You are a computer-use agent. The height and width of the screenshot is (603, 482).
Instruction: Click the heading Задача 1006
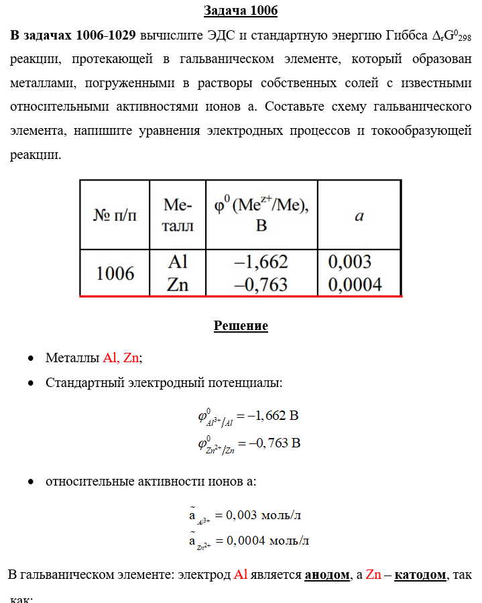[241, 11]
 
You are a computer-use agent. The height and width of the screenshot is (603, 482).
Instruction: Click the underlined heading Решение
[241, 326]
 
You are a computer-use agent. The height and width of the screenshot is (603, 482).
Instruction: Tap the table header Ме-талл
[178, 215]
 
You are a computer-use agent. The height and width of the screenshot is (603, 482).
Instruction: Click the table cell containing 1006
[115, 274]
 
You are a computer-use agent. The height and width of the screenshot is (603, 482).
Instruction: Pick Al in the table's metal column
[177, 262]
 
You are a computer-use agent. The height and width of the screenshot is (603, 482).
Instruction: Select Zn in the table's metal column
[177, 284]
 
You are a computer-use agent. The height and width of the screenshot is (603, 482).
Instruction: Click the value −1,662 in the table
[261, 262]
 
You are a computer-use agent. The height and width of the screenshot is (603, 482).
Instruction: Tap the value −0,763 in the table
[261, 284]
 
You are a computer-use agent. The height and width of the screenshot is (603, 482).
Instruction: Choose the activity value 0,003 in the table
[349, 262]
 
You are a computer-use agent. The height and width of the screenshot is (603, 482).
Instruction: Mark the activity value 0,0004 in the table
[355, 284]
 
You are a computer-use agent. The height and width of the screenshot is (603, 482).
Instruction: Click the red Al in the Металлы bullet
[110, 358]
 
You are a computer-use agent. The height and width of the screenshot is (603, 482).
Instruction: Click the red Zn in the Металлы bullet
[131, 358]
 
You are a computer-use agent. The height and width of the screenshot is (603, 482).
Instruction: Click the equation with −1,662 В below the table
[247, 417]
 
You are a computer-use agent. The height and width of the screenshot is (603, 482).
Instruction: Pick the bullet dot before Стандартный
[32, 384]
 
